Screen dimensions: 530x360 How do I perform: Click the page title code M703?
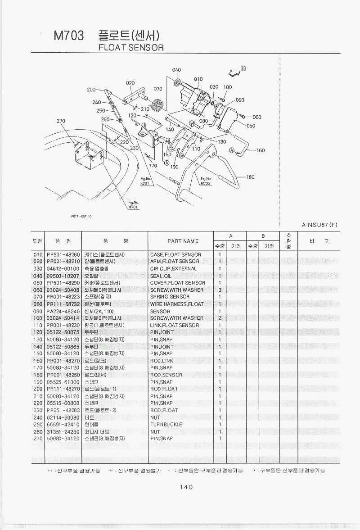pos(68,36)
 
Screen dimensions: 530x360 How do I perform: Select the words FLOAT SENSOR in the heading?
pos(131,47)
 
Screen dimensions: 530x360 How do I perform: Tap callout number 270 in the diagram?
pos(61,121)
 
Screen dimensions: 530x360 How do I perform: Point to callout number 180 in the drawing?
pos(251,177)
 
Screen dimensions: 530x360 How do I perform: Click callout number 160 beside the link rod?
pos(261,150)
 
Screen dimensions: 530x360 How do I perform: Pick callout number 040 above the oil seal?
pos(176,70)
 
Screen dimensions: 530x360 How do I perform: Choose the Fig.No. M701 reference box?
pos(133,205)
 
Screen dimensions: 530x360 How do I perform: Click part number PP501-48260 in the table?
pos(63,254)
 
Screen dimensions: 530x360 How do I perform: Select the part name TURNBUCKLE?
pos(166,424)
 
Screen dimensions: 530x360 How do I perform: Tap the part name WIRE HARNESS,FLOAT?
pos(177,304)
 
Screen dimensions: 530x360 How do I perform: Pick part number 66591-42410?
pos(63,424)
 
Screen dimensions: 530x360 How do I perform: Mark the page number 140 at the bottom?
pos(186,487)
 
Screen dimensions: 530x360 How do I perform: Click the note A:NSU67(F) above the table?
pos(319,225)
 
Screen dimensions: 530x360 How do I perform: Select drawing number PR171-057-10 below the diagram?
pos(81,216)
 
